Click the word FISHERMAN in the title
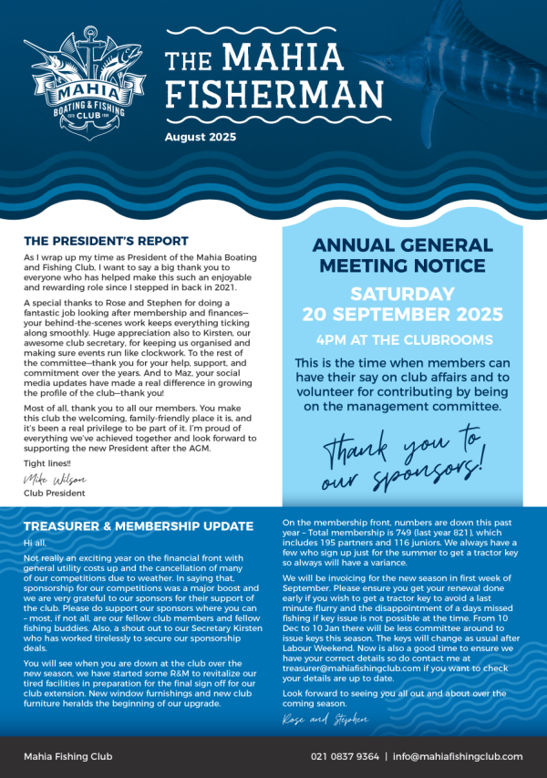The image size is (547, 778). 273,96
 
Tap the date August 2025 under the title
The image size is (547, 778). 200,138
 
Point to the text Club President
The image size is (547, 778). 55,493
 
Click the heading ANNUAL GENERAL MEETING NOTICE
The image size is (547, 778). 402,256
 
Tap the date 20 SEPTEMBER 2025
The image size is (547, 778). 402,315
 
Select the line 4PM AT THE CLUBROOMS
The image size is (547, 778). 402,340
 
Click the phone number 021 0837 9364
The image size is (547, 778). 343,756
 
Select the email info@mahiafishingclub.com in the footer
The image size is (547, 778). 458,756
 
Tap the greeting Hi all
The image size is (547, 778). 35,543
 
